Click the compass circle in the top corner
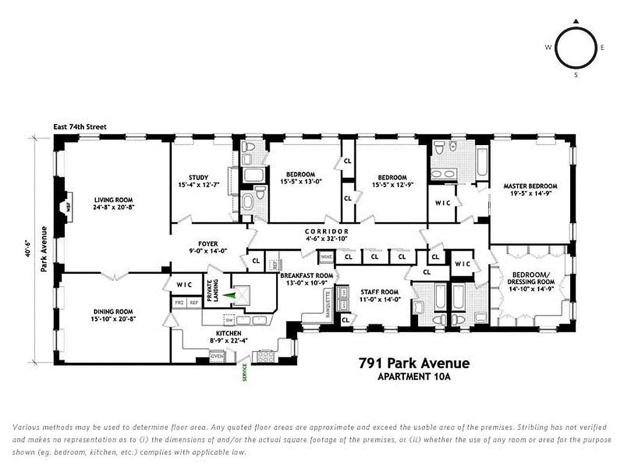click(575, 48)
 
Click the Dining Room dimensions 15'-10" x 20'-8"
click(113, 319)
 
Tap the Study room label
click(199, 178)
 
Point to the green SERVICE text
click(245, 373)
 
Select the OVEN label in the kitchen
click(216, 356)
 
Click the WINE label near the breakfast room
click(326, 256)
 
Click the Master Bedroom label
click(530, 187)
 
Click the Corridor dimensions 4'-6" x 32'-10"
click(326, 239)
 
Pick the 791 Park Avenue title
click(413, 363)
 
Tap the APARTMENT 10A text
click(414, 377)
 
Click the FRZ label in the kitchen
click(179, 303)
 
